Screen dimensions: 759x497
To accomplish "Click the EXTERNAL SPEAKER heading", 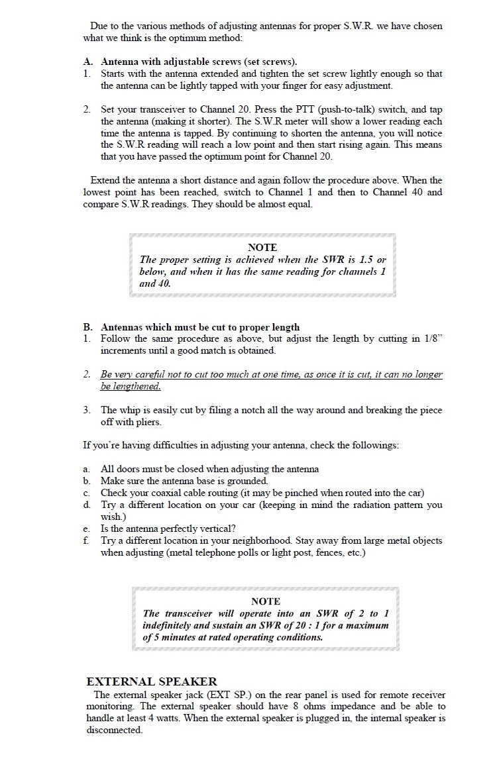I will (152, 681).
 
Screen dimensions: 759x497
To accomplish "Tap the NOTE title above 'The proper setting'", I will (262, 247).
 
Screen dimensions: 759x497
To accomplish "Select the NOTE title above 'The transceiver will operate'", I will (266, 601).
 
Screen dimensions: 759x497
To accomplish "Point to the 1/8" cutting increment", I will (433, 338).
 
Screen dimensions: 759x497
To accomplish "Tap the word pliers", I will (147, 422).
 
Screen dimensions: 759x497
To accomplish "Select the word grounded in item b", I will (247, 481).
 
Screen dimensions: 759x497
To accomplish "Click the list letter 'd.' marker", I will (87, 505).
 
